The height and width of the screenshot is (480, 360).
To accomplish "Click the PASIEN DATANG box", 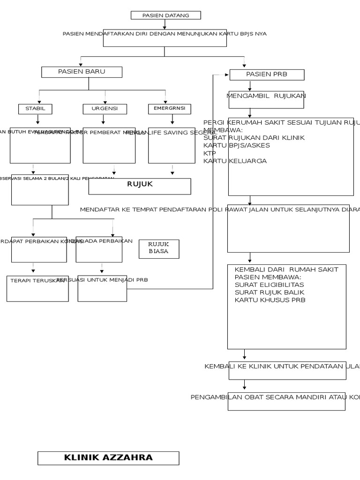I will pyautogui.click(x=165, y=15).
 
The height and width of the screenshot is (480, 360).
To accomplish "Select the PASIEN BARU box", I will pyautogui.click(x=82, y=72).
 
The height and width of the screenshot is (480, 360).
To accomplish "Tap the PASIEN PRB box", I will pyautogui.click(x=267, y=75).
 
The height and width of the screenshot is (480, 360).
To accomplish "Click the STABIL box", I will pyautogui.click(x=35, y=109).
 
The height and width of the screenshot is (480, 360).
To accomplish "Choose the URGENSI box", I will pyautogui.click(x=105, y=109).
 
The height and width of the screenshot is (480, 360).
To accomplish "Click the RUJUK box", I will pyautogui.click(x=140, y=186).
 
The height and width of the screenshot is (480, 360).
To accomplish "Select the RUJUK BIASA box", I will pyautogui.click(x=158, y=248).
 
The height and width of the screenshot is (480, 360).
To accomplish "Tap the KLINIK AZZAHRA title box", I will pyautogui.click(x=108, y=458).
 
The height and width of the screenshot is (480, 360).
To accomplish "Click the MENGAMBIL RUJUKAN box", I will pyautogui.click(x=266, y=99).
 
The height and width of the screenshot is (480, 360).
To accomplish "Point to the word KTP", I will pyautogui.click(x=210, y=153).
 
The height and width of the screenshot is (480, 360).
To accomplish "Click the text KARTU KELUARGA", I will pyautogui.click(x=235, y=161).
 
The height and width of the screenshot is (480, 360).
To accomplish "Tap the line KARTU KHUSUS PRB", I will pyautogui.click(x=270, y=300).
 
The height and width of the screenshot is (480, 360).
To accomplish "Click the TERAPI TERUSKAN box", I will pyautogui.click(x=37, y=288).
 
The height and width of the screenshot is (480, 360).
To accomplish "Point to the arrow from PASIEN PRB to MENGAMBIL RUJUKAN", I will pyautogui.click(x=250, y=86).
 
